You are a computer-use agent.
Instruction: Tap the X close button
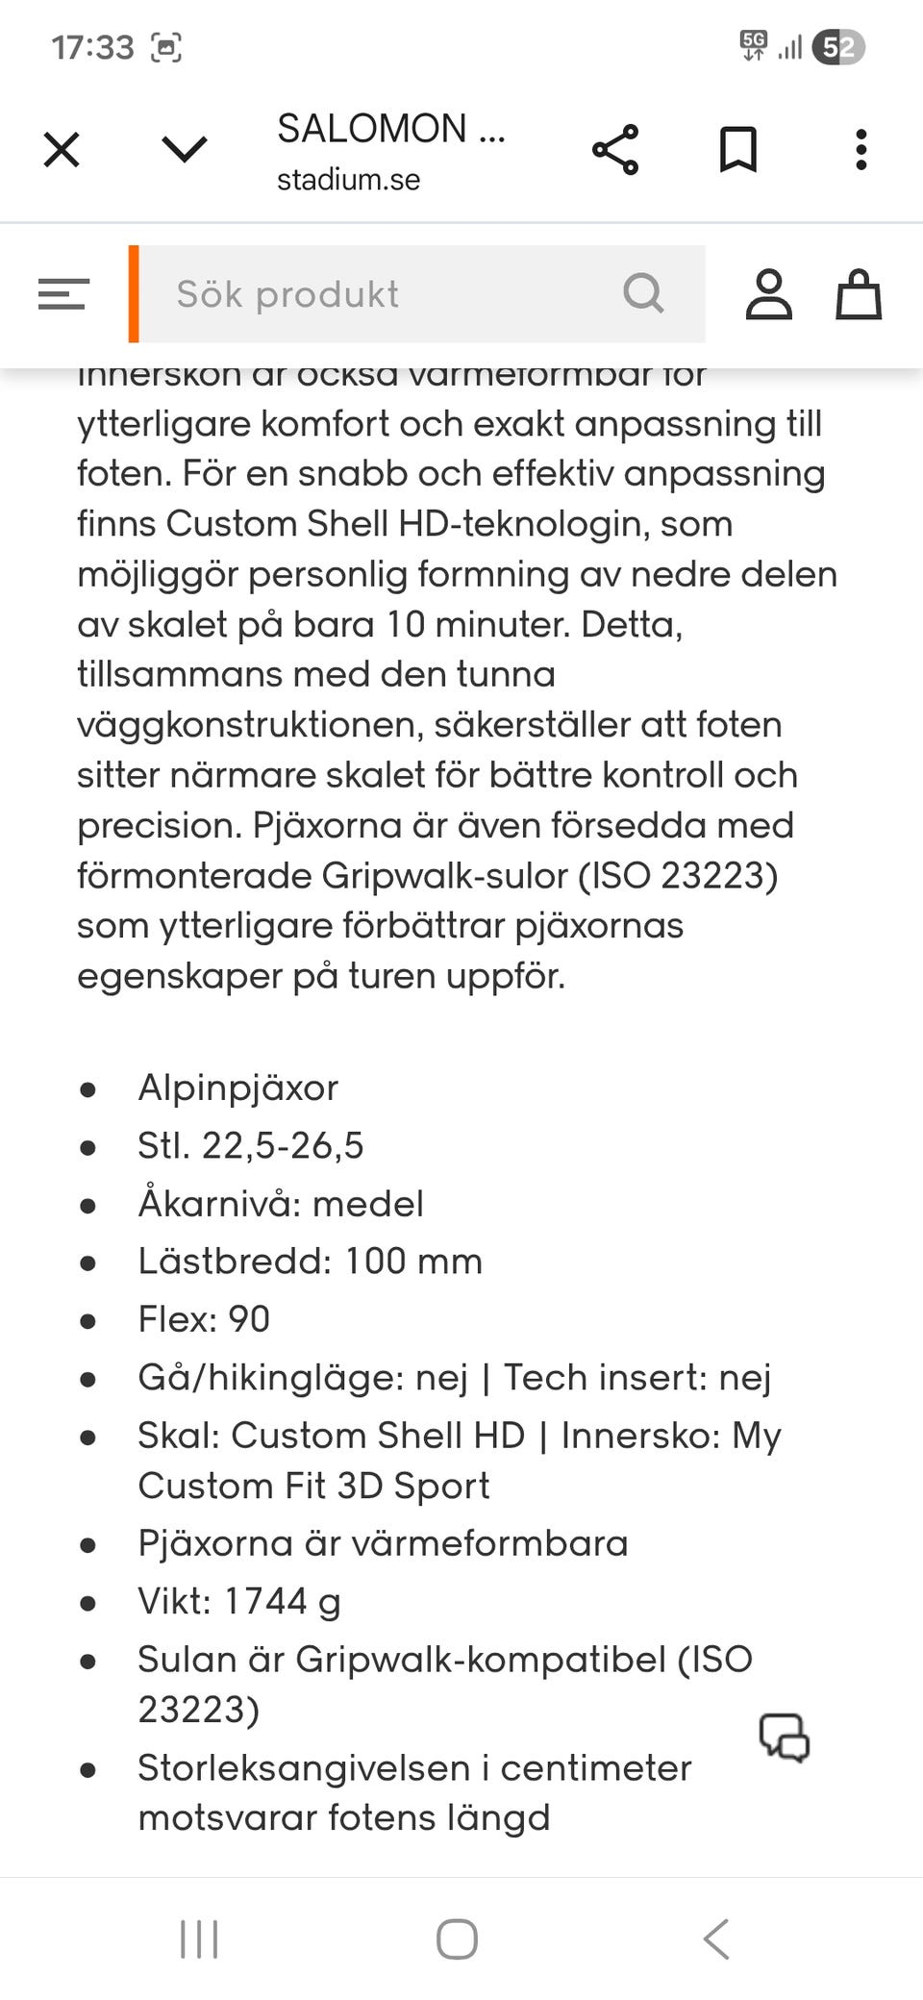pyautogui.click(x=62, y=150)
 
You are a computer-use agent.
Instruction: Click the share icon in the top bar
pyautogui.click(x=615, y=150)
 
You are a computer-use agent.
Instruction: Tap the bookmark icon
pyautogui.click(x=738, y=150)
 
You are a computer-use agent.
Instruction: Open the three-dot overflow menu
pyautogui.click(x=861, y=150)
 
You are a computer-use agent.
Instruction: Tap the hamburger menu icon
pyautogui.click(x=63, y=294)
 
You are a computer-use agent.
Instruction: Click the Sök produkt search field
pyautogui.click(x=385, y=294)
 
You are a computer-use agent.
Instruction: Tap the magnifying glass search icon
pyautogui.click(x=643, y=293)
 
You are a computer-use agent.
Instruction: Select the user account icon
pyautogui.click(x=769, y=294)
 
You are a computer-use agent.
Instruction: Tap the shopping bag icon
pyautogui.click(x=858, y=294)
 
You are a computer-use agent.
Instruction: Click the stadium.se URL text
pyautogui.click(x=348, y=180)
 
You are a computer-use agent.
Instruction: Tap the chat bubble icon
pyautogui.click(x=785, y=1737)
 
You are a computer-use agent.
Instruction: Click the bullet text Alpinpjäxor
pyautogui.click(x=238, y=1087)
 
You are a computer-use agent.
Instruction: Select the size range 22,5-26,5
pyautogui.click(x=283, y=1145)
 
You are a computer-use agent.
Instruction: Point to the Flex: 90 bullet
pyautogui.click(x=204, y=1319)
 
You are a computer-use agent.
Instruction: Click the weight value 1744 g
pyautogui.click(x=283, y=1601)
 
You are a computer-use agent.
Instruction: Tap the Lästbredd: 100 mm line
pyautogui.click(x=310, y=1261)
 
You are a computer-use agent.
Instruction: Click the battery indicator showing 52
pyautogui.click(x=838, y=47)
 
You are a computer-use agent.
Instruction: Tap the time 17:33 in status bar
pyautogui.click(x=92, y=47)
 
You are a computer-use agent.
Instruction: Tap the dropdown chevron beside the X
pyautogui.click(x=184, y=150)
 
